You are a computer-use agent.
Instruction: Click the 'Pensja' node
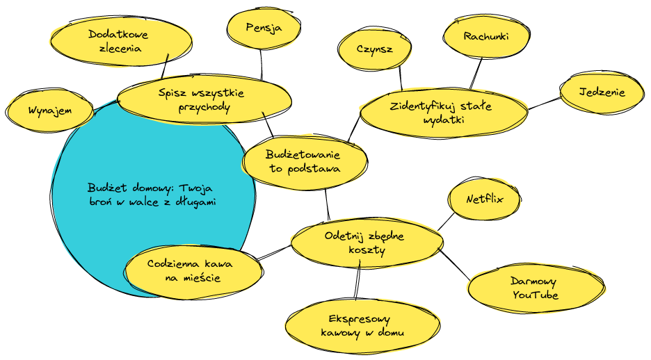264,28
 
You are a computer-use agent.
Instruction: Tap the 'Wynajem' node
50,111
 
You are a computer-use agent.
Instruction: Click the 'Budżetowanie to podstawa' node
305,161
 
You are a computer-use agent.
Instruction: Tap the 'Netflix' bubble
485,200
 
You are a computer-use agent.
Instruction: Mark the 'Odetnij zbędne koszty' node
366,243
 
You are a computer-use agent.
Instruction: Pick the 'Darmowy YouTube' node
535,288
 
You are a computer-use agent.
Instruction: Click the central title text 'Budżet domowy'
152,195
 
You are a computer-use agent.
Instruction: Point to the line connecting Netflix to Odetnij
445,222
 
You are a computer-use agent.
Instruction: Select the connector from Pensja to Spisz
262,64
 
